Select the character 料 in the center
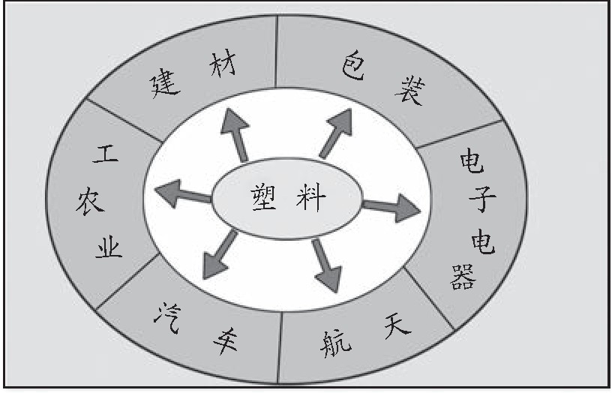[310, 199]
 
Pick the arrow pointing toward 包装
[335, 133]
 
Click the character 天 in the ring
[397, 328]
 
